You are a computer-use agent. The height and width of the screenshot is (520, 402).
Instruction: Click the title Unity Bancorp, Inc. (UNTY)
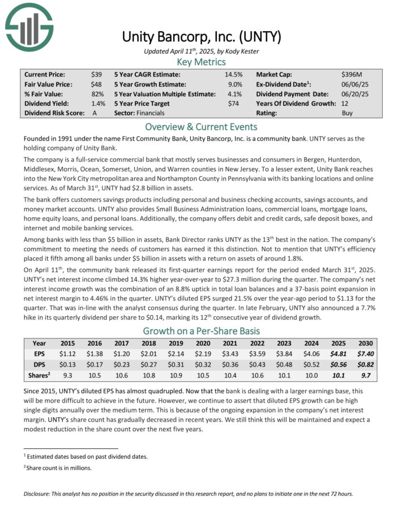click(x=201, y=38)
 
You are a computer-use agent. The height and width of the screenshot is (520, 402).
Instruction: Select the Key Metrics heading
click(x=201, y=62)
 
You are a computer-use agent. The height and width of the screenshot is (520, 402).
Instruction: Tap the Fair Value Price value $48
click(x=96, y=84)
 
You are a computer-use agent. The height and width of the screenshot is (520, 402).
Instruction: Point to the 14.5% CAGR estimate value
click(x=233, y=74)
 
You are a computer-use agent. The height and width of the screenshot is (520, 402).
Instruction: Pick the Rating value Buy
click(x=348, y=113)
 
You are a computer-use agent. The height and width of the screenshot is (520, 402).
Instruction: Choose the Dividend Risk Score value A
click(x=95, y=113)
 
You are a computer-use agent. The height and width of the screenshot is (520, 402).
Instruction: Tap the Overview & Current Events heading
click(x=201, y=127)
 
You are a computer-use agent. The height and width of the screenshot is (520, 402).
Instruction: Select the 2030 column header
click(x=365, y=343)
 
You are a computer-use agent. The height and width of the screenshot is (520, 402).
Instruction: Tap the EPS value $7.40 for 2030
click(x=365, y=354)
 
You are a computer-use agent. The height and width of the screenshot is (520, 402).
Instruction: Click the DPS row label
click(x=39, y=364)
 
